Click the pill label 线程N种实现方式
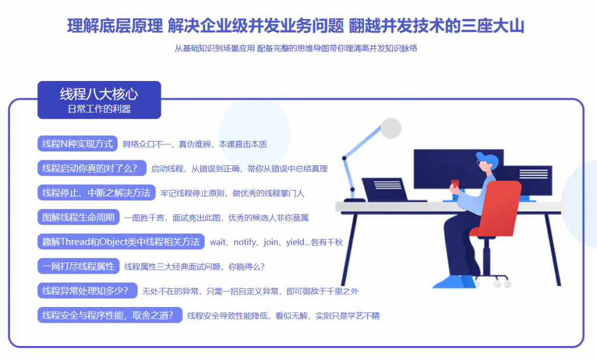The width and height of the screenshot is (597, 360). [x=78, y=144]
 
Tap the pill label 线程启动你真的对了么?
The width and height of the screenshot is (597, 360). [x=92, y=168]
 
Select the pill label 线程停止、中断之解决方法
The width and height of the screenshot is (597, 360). [x=96, y=193]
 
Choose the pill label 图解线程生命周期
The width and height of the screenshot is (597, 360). [x=79, y=217]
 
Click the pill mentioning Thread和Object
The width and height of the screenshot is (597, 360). [x=121, y=242]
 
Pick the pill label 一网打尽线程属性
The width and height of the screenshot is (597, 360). [x=79, y=266]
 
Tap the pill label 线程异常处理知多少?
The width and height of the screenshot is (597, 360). [x=87, y=291]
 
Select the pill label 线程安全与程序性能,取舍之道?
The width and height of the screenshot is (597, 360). [x=110, y=315]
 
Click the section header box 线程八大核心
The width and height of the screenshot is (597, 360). [x=99, y=100]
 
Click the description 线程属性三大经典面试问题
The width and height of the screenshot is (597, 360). [x=173, y=267]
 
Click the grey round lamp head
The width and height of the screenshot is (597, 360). [x=391, y=128]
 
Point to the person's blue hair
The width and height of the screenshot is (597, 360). [x=489, y=159]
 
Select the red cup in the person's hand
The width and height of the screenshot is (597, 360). [x=455, y=184]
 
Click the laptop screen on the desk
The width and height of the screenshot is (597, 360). [x=385, y=189]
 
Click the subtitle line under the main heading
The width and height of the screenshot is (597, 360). [x=296, y=48]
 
